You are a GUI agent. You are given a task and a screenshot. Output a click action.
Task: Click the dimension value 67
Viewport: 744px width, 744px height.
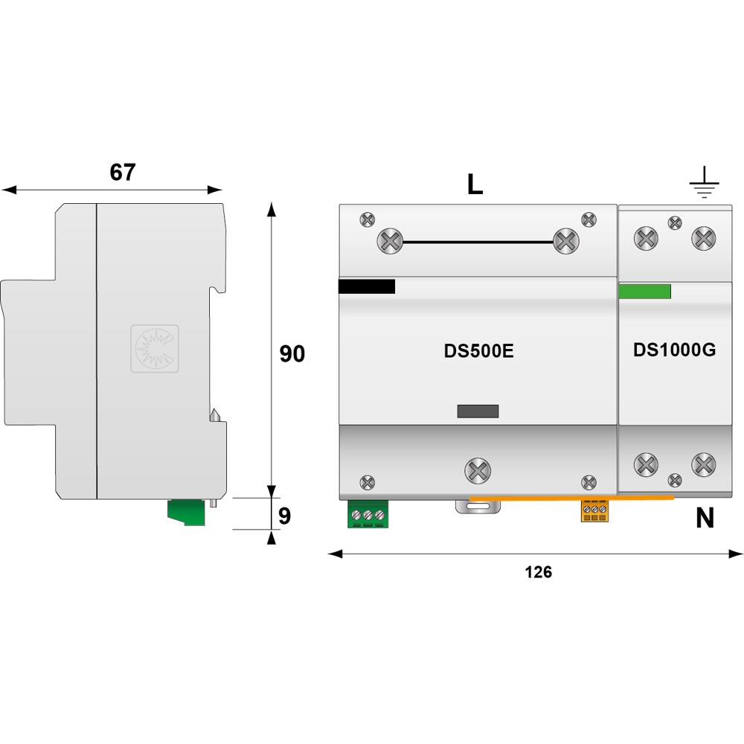click(123, 172)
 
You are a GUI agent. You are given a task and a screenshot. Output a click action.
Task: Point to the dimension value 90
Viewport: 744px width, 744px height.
click(292, 354)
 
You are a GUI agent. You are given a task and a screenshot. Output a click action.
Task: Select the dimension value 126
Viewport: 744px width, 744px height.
click(539, 572)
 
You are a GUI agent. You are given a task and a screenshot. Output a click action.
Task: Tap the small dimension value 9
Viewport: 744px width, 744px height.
click(284, 516)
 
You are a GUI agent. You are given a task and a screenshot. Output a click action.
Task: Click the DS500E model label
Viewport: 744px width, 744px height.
click(478, 351)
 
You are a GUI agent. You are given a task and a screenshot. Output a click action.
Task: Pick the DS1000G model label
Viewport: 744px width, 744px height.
click(674, 350)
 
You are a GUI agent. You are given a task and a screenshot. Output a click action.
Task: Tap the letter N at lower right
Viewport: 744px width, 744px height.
click(705, 518)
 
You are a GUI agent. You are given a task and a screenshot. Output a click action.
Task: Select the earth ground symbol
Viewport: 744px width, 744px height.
click(704, 182)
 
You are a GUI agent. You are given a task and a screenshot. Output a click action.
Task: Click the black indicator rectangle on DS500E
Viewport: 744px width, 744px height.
click(366, 286)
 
